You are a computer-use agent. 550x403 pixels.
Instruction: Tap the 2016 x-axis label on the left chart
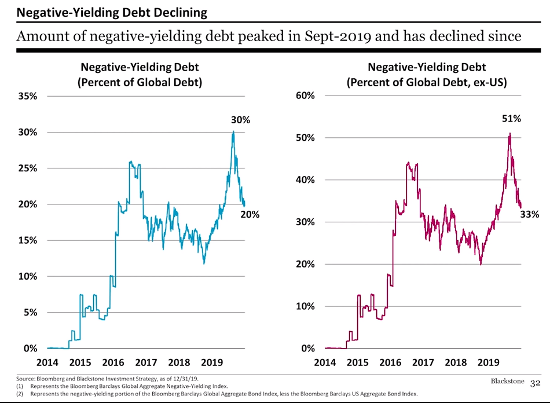click(113, 362)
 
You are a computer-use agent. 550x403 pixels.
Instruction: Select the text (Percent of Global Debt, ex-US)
click(427, 82)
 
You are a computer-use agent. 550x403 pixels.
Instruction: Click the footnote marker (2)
click(20, 394)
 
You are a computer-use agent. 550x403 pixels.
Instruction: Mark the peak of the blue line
click(233, 131)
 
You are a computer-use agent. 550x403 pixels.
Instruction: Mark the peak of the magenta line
click(509, 133)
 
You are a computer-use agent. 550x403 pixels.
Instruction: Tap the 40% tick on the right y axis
click(305, 180)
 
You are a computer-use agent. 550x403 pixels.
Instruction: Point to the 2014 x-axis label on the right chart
click(325, 362)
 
